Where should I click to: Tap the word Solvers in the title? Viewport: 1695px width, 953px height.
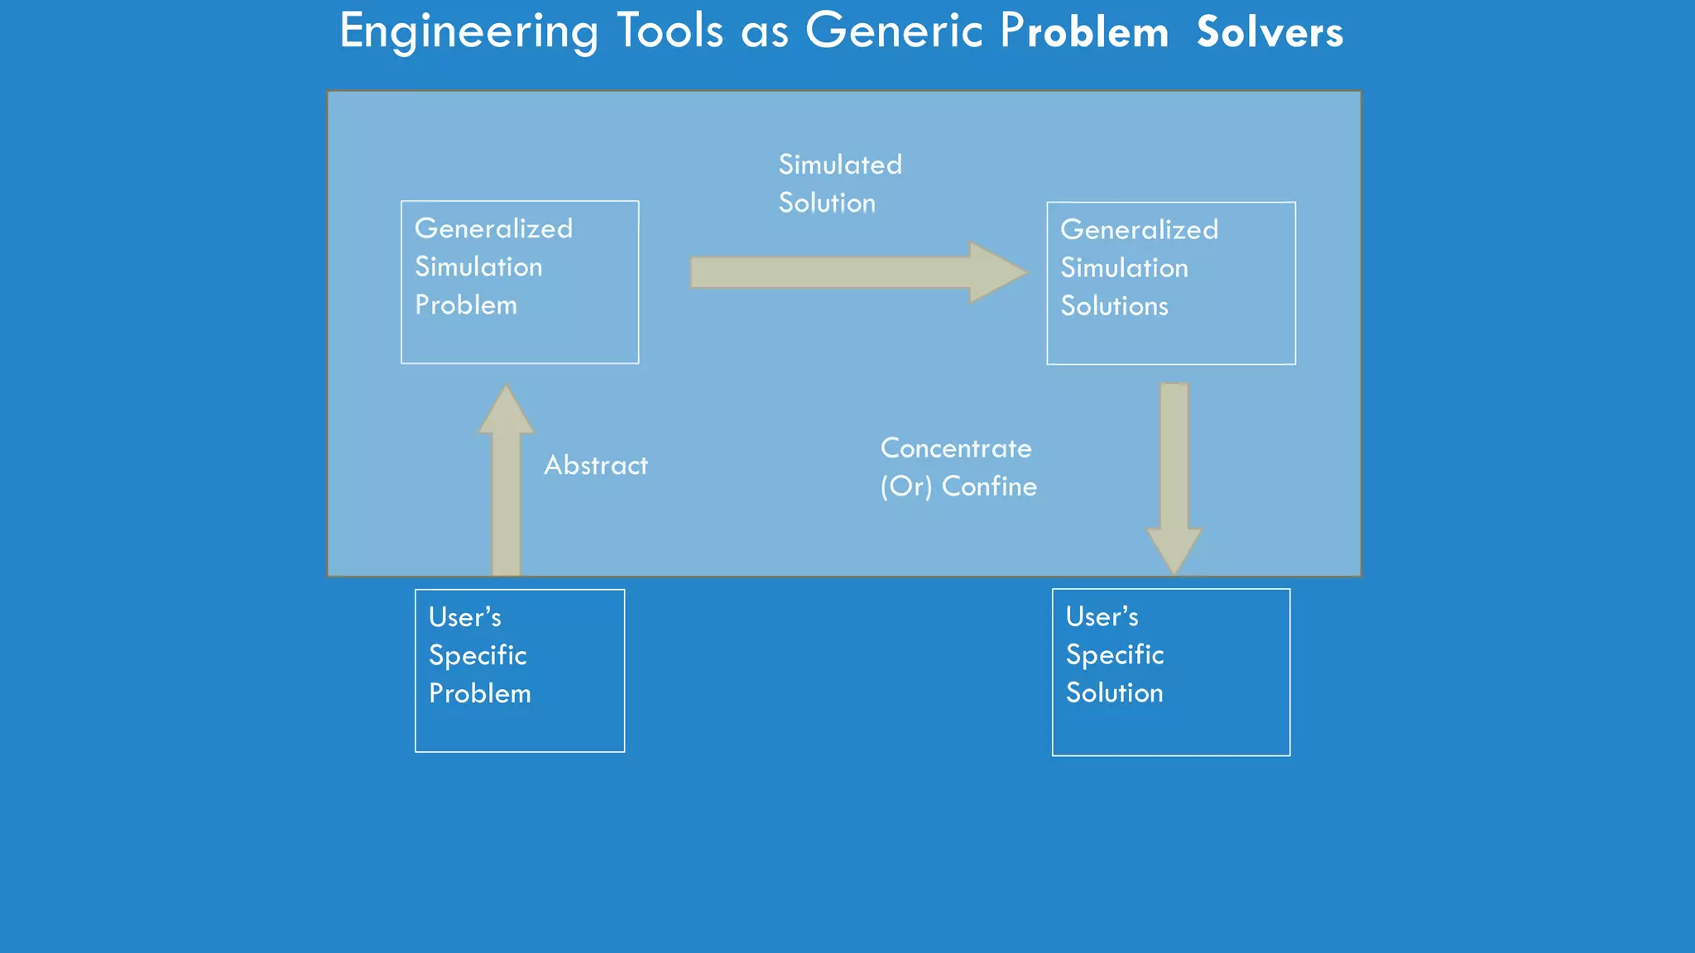click(1270, 33)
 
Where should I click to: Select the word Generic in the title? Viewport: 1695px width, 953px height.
click(894, 31)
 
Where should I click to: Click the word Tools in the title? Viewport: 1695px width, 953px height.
click(670, 31)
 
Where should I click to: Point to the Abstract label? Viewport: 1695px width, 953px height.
click(596, 466)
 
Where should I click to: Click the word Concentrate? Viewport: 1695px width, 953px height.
click(956, 448)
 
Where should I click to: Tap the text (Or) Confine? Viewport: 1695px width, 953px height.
click(958, 486)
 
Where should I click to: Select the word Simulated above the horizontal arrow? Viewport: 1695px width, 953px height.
click(840, 165)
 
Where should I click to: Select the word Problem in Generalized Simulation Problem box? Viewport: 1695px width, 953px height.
click(466, 305)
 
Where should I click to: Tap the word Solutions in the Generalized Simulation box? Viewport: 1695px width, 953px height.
click(1114, 306)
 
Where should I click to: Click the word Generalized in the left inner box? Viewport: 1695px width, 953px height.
click(493, 229)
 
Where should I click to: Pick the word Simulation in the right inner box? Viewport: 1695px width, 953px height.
click(1124, 268)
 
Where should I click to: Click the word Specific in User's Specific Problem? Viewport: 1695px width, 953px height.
click(478, 656)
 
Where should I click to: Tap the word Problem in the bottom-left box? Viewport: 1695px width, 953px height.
click(480, 694)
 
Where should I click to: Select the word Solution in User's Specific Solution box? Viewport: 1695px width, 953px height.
click(1114, 693)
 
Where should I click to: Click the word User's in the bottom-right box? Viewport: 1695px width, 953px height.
click(1102, 617)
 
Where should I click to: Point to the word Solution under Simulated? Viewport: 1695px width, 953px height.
click(827, 204)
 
